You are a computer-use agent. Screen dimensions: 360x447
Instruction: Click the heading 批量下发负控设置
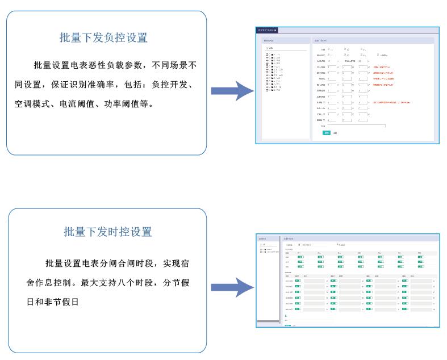(103, 37)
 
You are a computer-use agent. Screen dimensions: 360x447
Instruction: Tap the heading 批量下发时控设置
(108, 232)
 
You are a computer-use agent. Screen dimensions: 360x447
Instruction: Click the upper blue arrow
(232, 91)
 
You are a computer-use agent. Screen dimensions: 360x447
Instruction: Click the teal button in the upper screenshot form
(326, 132)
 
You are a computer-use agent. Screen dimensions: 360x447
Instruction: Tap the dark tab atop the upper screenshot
(267, 30)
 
